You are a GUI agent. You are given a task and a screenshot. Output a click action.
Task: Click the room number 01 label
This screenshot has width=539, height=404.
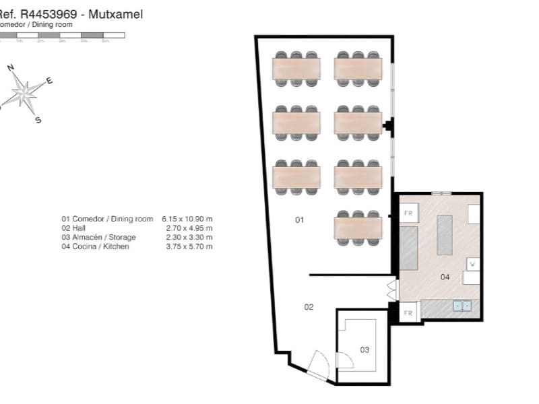300,220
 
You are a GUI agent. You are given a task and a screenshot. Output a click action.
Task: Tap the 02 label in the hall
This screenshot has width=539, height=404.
309,307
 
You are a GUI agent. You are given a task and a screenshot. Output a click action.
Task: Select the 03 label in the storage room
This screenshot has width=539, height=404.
364,349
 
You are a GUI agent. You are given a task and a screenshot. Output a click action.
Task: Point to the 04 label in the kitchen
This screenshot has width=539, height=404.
445,277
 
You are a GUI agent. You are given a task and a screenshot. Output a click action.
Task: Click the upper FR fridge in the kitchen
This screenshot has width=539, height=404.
408,213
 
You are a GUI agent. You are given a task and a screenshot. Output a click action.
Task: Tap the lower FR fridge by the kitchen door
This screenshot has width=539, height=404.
408,313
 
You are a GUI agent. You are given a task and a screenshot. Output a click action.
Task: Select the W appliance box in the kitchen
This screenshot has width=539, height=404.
472,263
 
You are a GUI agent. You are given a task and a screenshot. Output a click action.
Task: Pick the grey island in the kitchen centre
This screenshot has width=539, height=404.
445,234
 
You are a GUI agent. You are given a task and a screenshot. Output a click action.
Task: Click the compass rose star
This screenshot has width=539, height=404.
24,92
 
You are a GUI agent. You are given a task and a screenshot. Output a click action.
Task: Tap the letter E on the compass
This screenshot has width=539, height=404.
49,81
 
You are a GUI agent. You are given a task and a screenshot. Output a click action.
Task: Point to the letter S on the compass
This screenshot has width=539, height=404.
38,121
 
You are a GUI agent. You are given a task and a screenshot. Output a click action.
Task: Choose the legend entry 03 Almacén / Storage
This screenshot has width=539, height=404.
98,237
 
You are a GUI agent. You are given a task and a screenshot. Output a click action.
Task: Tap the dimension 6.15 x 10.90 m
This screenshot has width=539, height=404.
187,219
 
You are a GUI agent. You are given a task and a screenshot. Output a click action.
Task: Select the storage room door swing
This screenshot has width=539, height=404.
344,361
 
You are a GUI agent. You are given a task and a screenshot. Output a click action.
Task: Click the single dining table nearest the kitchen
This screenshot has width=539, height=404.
358,228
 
